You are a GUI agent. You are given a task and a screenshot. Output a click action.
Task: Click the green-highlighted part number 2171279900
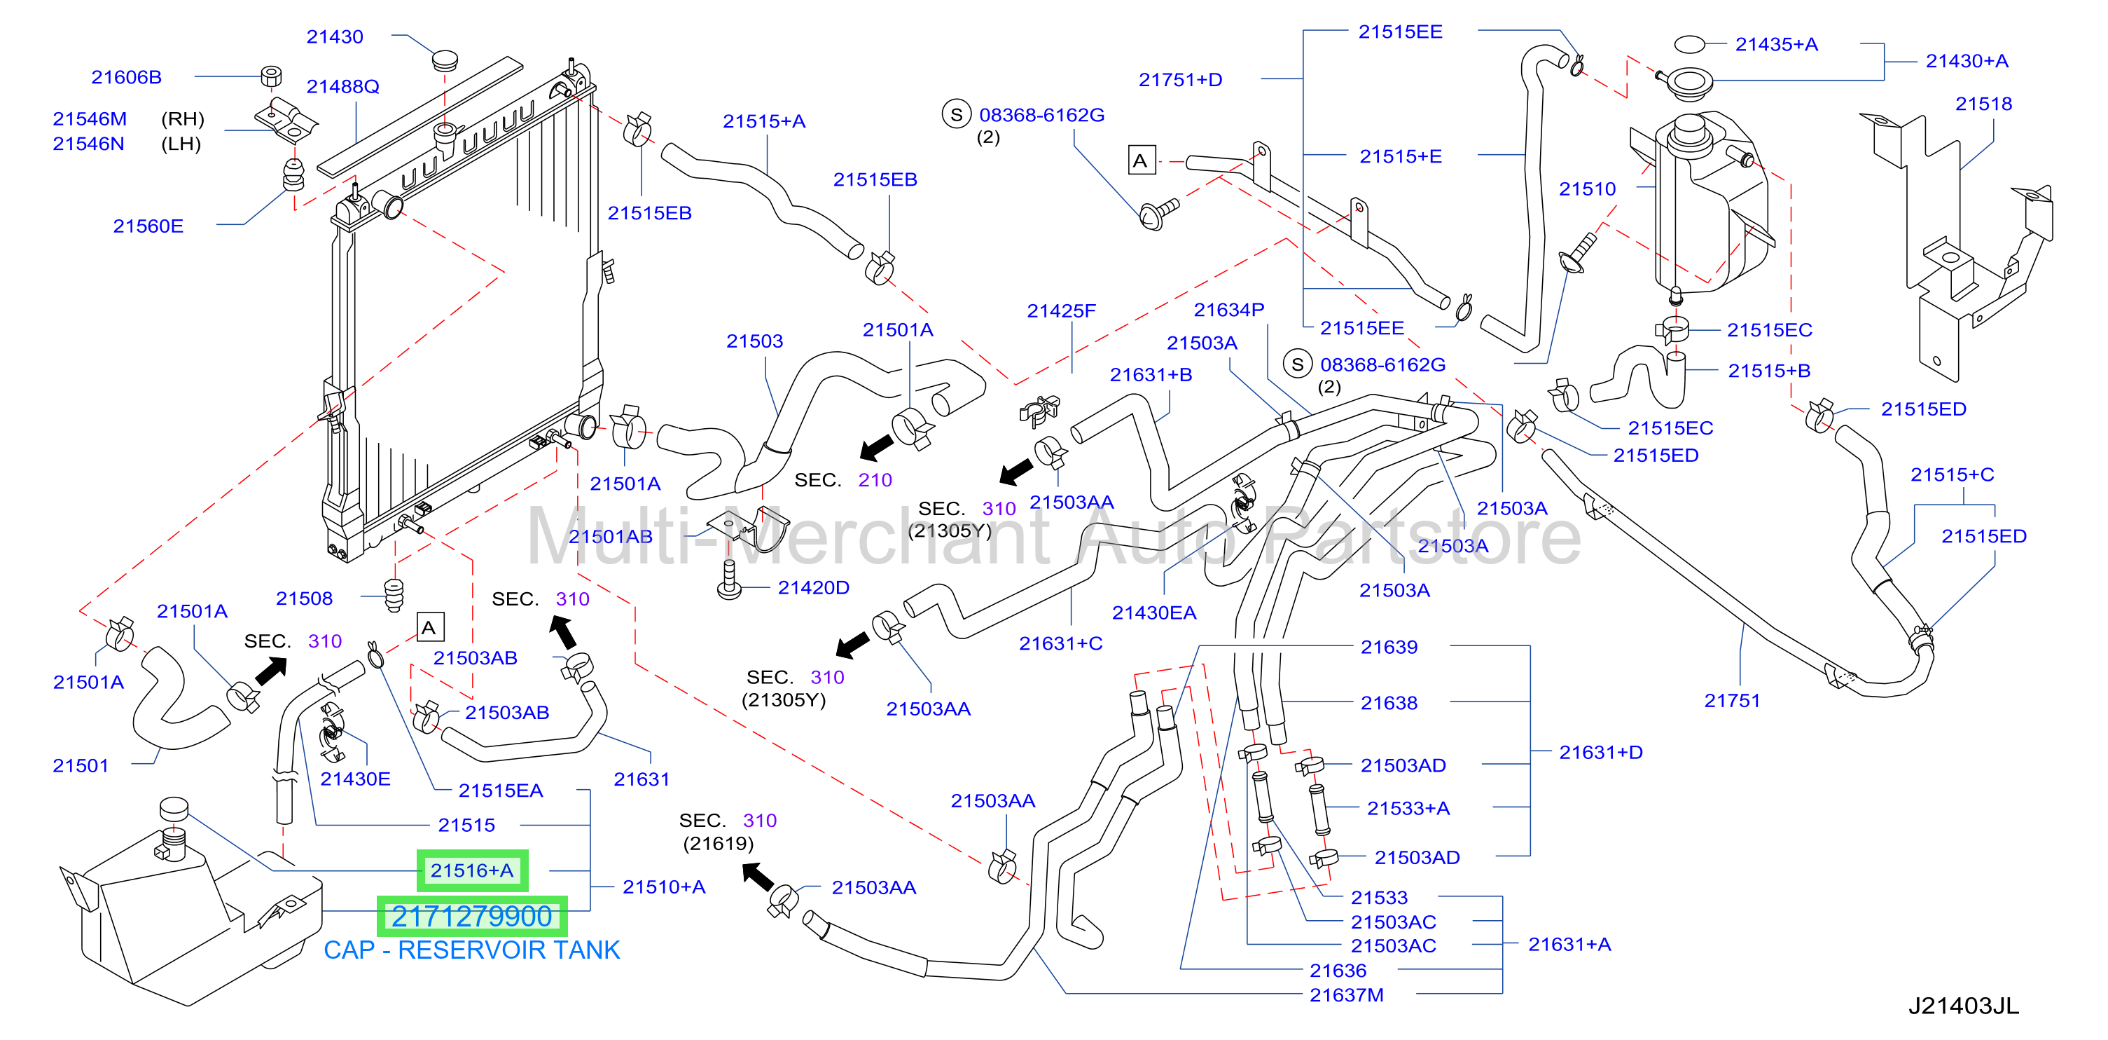pos(471,917)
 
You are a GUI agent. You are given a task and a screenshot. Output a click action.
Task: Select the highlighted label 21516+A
pos(472,870)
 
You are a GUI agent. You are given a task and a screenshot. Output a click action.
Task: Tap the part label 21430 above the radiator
pos(335,37)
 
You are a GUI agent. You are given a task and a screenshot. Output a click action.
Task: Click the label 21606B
pos(126,77)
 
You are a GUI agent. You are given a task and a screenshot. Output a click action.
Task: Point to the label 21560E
pos(148,226)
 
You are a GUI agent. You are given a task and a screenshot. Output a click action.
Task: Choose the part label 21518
pos(1983,104)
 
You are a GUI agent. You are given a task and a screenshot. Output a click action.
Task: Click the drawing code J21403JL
pos(1964,1006)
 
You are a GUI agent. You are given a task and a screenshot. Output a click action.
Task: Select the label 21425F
pos(1062,311)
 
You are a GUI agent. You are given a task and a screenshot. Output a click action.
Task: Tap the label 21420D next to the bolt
pos(813,587)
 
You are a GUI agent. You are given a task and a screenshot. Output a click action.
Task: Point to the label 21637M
pos(1347,995)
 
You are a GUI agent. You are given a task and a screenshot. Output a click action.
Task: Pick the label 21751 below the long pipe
pos(1733,700)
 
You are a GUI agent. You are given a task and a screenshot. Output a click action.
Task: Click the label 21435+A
pos(1777,44)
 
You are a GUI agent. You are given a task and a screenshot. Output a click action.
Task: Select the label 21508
pos(305,598)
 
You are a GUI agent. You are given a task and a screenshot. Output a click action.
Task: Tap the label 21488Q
pos(343,87)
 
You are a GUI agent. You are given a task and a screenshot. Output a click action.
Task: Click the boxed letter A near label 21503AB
pos(429,627)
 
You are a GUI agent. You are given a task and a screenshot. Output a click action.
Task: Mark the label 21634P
pos(1229,310)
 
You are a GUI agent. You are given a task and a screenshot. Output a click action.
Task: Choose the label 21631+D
pos(1601,752)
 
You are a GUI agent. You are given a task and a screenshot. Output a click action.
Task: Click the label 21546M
pos(89,118)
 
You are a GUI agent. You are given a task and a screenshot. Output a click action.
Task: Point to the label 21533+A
pos(1408,808)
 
